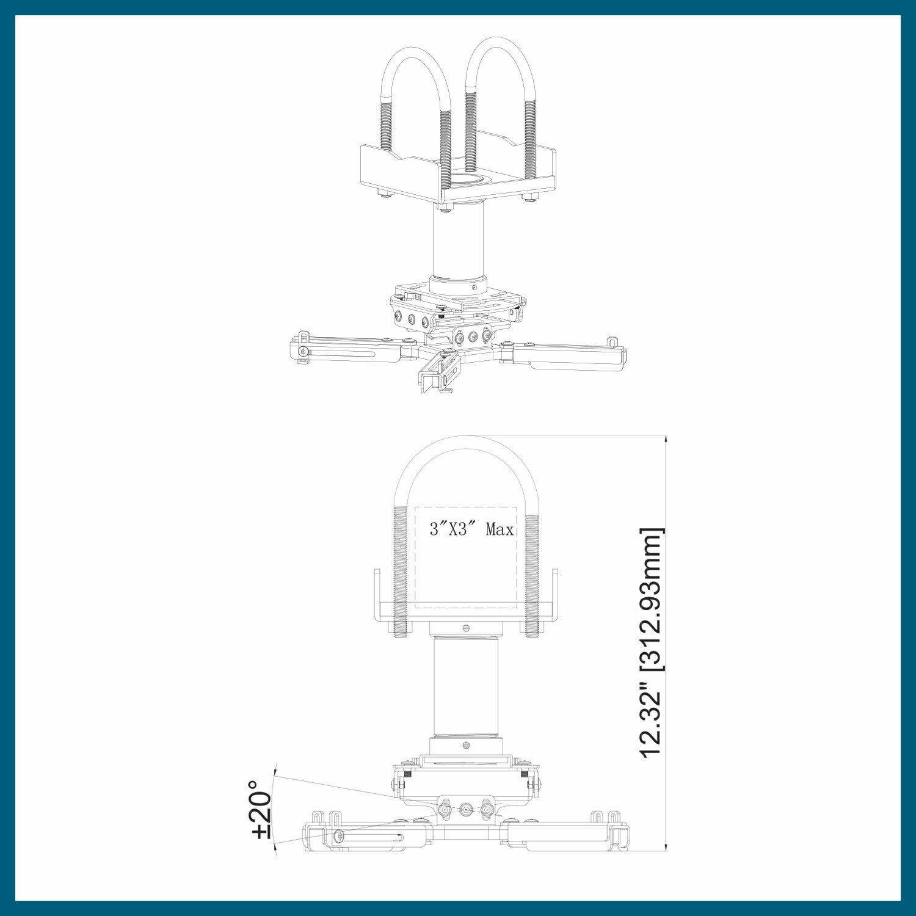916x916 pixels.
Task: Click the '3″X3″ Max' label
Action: [471, 529]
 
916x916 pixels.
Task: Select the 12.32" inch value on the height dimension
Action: [651, 722]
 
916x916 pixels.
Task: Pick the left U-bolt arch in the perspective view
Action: [416, 67]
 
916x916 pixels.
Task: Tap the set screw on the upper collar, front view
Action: [467, 627]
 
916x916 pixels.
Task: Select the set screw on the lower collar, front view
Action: [467, 744]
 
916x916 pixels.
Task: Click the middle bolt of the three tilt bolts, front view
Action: [466, 810]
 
